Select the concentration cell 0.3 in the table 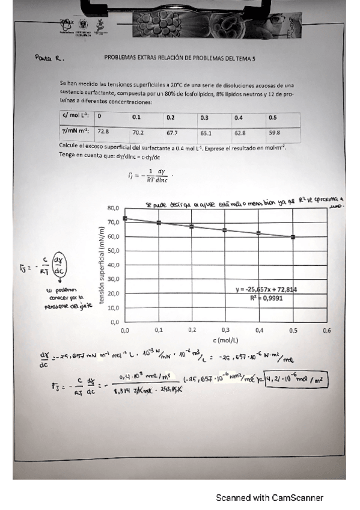tap(206, 117)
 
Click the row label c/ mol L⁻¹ tap(75, 117)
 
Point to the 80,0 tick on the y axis tap(114, 208)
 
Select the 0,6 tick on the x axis tap(327, 330)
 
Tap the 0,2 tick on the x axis tap(192, 330)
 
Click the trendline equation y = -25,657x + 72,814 tap(267, 290)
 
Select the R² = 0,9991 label tap(267, 298)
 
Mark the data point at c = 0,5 tap(293, 237)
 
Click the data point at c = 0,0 tap(125, 218)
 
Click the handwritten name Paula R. tap(49, 59)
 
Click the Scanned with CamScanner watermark tap(270, 497)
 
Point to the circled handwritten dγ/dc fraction tap(58, 265)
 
